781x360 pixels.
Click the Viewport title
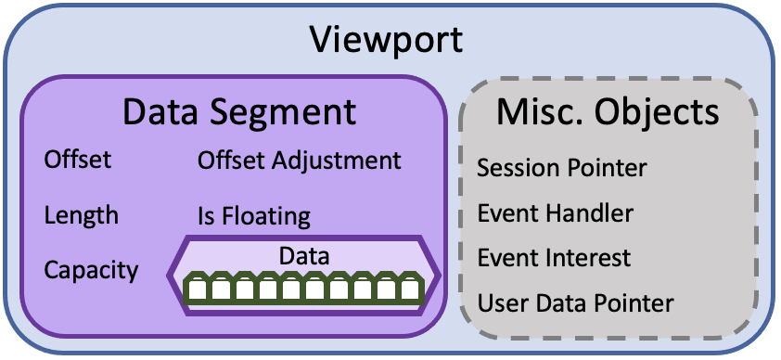[387, 40]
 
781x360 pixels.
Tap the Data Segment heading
[239, 112]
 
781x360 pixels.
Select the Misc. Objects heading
[608, 112]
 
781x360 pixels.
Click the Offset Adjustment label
[299, 161]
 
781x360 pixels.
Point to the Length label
[82, 215]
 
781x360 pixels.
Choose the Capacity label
[91, 270]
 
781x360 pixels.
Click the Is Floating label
[254, 216]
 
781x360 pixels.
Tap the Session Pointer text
[562, 168]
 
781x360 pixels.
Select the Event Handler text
[556, 213]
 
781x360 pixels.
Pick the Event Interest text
[554, 258]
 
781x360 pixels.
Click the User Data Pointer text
[575, 302]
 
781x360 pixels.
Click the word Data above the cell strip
[304, 256]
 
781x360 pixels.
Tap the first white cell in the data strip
[197, 289]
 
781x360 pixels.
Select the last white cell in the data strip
[409, 289]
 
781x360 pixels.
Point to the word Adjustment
[337, 161]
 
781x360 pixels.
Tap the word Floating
[266, 216]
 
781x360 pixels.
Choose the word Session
[515, 168]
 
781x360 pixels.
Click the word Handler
[590, 213]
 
